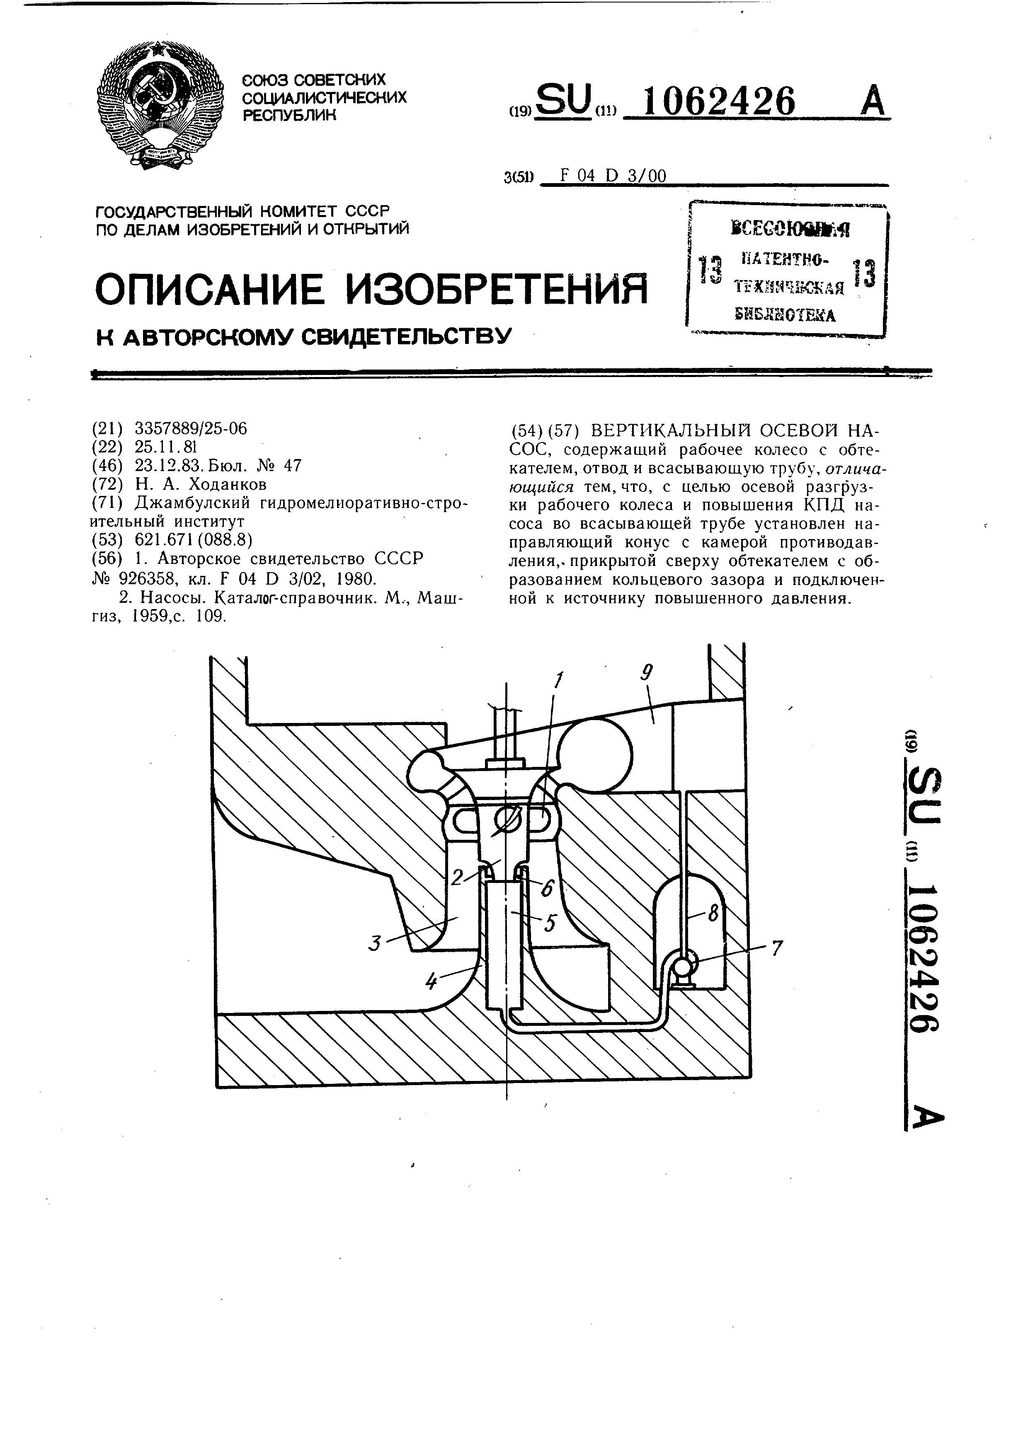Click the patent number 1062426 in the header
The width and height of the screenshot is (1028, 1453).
coord(718,101)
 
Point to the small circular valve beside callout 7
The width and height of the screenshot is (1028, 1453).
coord(683,966)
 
